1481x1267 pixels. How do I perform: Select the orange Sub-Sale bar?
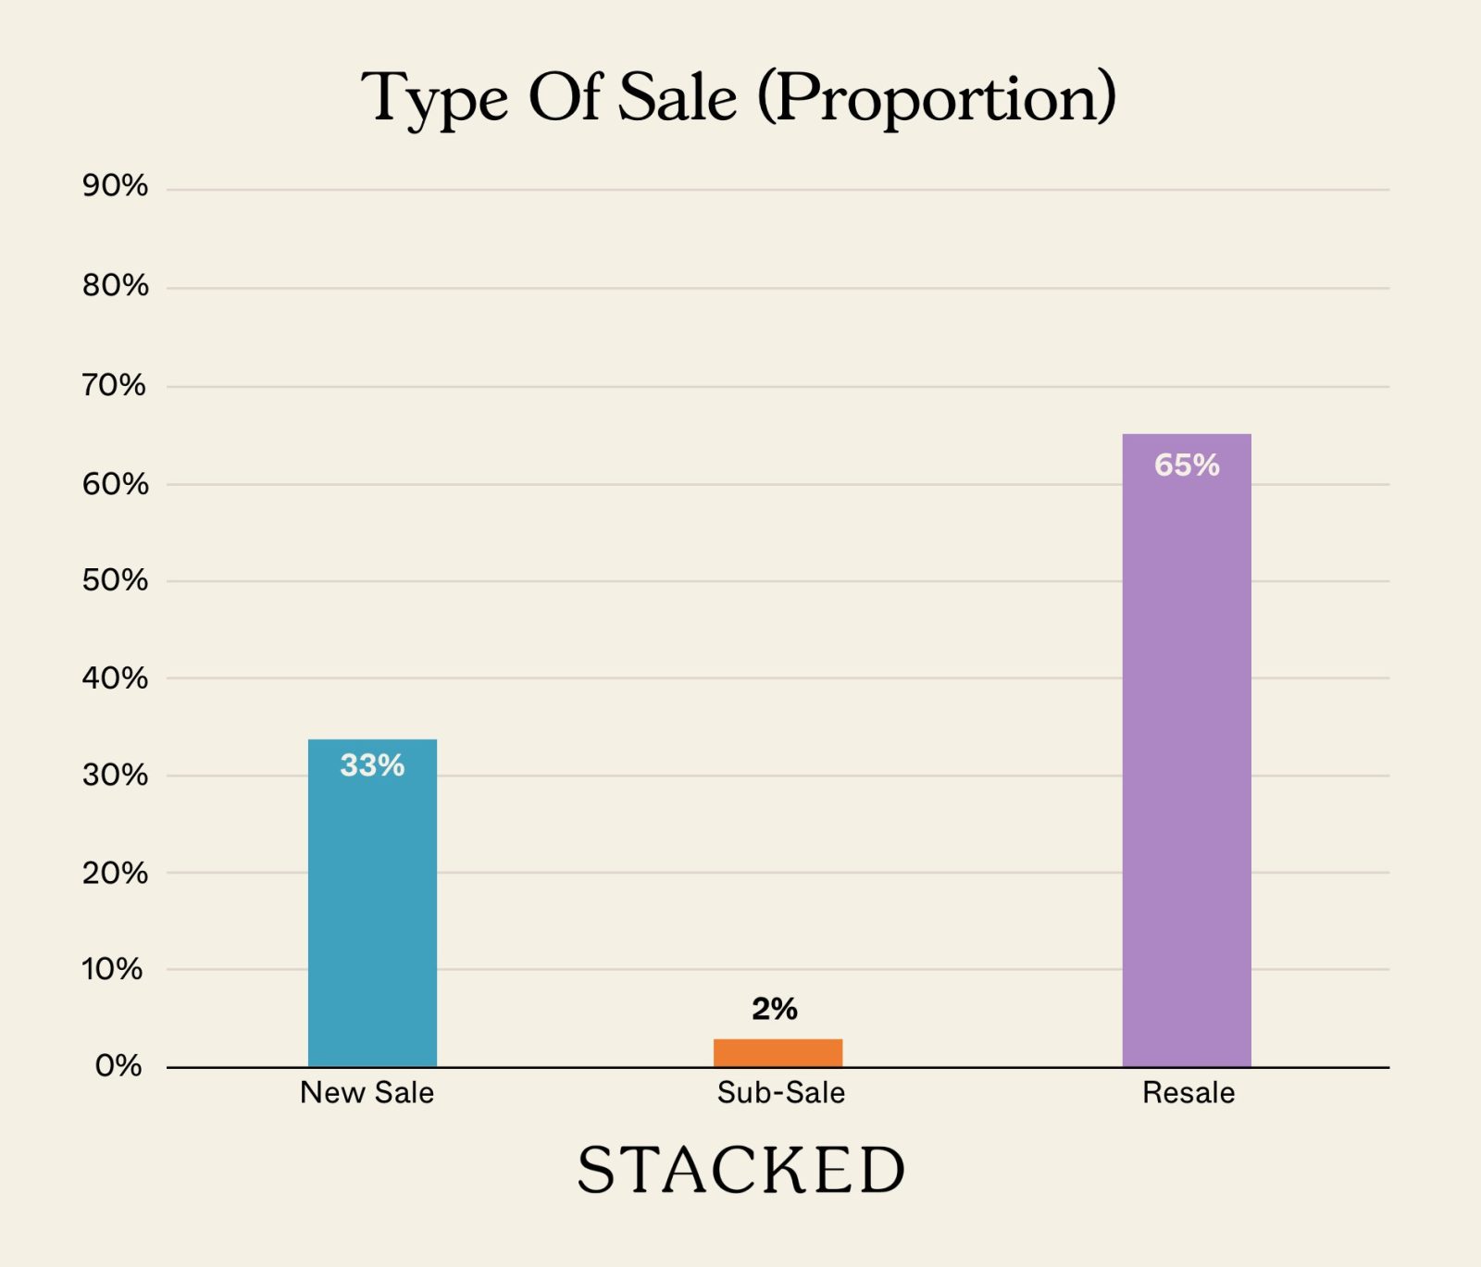[778, 1053]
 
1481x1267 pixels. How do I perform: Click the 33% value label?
[372, 765]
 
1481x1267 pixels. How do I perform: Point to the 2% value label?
[775, 1009]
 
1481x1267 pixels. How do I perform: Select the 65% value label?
[1187, 465]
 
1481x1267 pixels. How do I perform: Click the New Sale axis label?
[367, 1093]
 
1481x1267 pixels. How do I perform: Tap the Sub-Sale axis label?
[780, 1093]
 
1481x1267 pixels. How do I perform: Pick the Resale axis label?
[1189, 1093]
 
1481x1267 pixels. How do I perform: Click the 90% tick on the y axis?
[115, 186]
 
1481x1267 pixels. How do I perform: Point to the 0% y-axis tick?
[118, 1066]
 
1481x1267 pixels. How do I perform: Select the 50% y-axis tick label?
[115, 580]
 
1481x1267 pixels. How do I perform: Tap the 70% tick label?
[115, 385]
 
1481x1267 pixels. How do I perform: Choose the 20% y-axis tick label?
[115, 873]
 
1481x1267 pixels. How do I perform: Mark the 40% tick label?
[115, 678]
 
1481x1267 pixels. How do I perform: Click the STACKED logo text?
[740, 1170]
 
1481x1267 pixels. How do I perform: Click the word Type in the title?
[434, 99]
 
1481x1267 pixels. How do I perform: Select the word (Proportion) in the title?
[937, 97]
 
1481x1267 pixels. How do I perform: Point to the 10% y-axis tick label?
[113, 969]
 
